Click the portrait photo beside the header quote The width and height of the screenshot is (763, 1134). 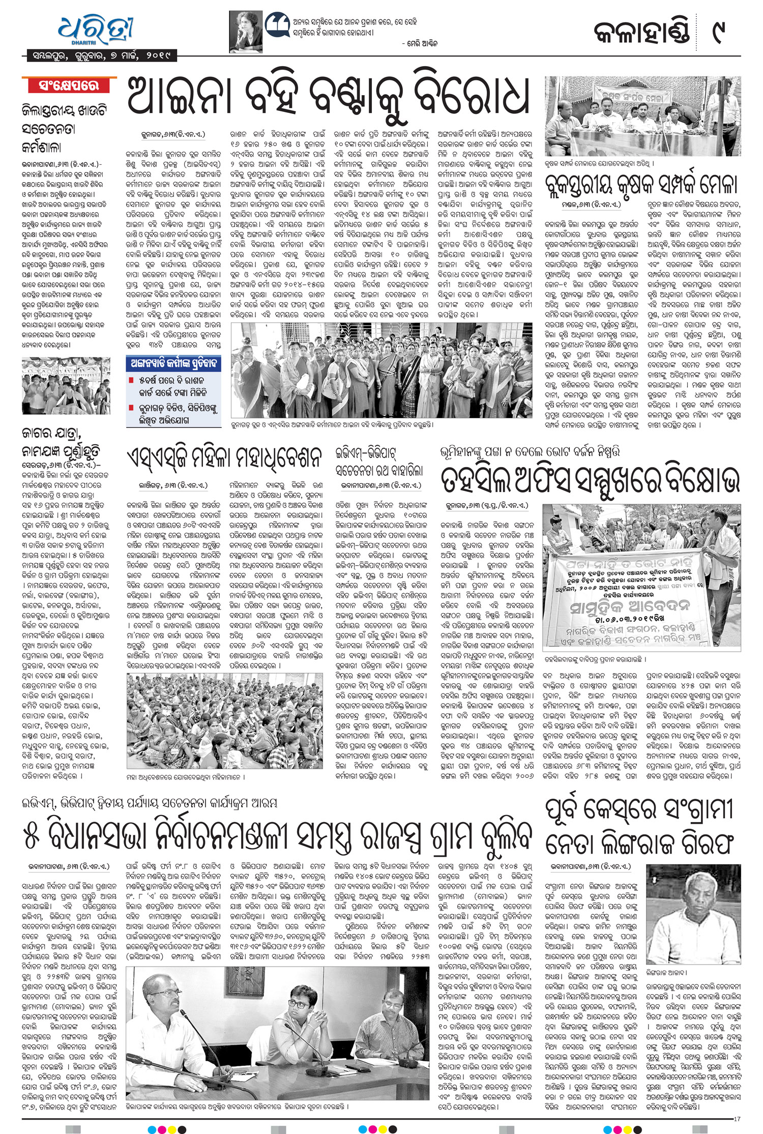[x=249, y=29]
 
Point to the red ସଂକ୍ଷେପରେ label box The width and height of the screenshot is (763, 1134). [x=69, y=85]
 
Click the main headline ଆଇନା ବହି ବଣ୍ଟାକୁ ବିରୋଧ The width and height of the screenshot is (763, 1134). [x=328, y=97]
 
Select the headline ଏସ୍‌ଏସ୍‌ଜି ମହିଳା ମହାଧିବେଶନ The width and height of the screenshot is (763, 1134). [x=224, y=457]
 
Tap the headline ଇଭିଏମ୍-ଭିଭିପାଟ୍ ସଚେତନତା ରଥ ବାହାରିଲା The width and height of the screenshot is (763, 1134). [x=378, y=461]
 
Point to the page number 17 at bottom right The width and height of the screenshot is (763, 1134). [x=737, y=1118]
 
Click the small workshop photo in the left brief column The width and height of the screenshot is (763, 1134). [x=66, y=385]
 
